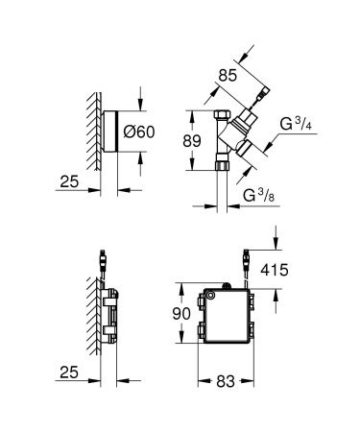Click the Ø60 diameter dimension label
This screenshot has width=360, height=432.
point(139,132)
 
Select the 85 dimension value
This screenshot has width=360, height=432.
point(228,76)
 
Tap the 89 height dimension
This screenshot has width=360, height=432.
point(192,141)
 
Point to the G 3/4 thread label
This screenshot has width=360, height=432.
point(296,124)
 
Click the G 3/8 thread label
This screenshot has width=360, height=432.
point(258,195)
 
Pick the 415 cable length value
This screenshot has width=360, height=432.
point(275,270)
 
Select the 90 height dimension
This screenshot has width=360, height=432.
point(181,314)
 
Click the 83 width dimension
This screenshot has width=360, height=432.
point(226,381)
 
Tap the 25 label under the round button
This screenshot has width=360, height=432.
point(69,181)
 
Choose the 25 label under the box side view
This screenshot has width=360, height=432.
point(69,372)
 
